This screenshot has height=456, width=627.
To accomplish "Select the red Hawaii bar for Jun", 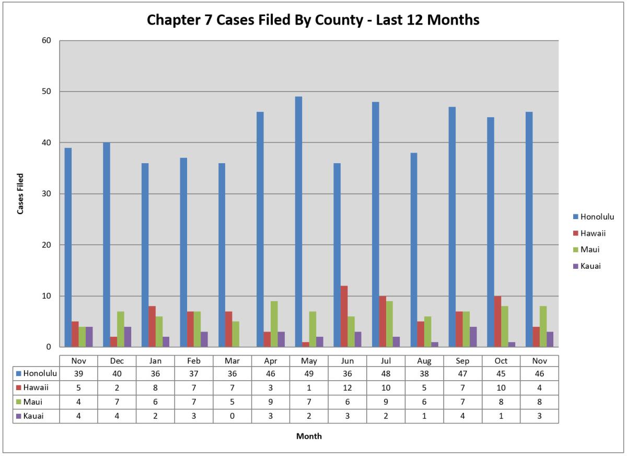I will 344,316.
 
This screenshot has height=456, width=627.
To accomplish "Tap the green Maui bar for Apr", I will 274,324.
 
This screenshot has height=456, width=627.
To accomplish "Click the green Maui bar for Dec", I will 121,329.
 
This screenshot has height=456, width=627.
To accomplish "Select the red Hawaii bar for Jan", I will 152,326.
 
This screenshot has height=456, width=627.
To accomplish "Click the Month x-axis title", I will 309,436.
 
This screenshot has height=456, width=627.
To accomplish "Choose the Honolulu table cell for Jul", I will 386,373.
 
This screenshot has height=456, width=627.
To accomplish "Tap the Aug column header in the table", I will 424,361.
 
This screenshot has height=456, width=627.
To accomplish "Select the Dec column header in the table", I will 117,361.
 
